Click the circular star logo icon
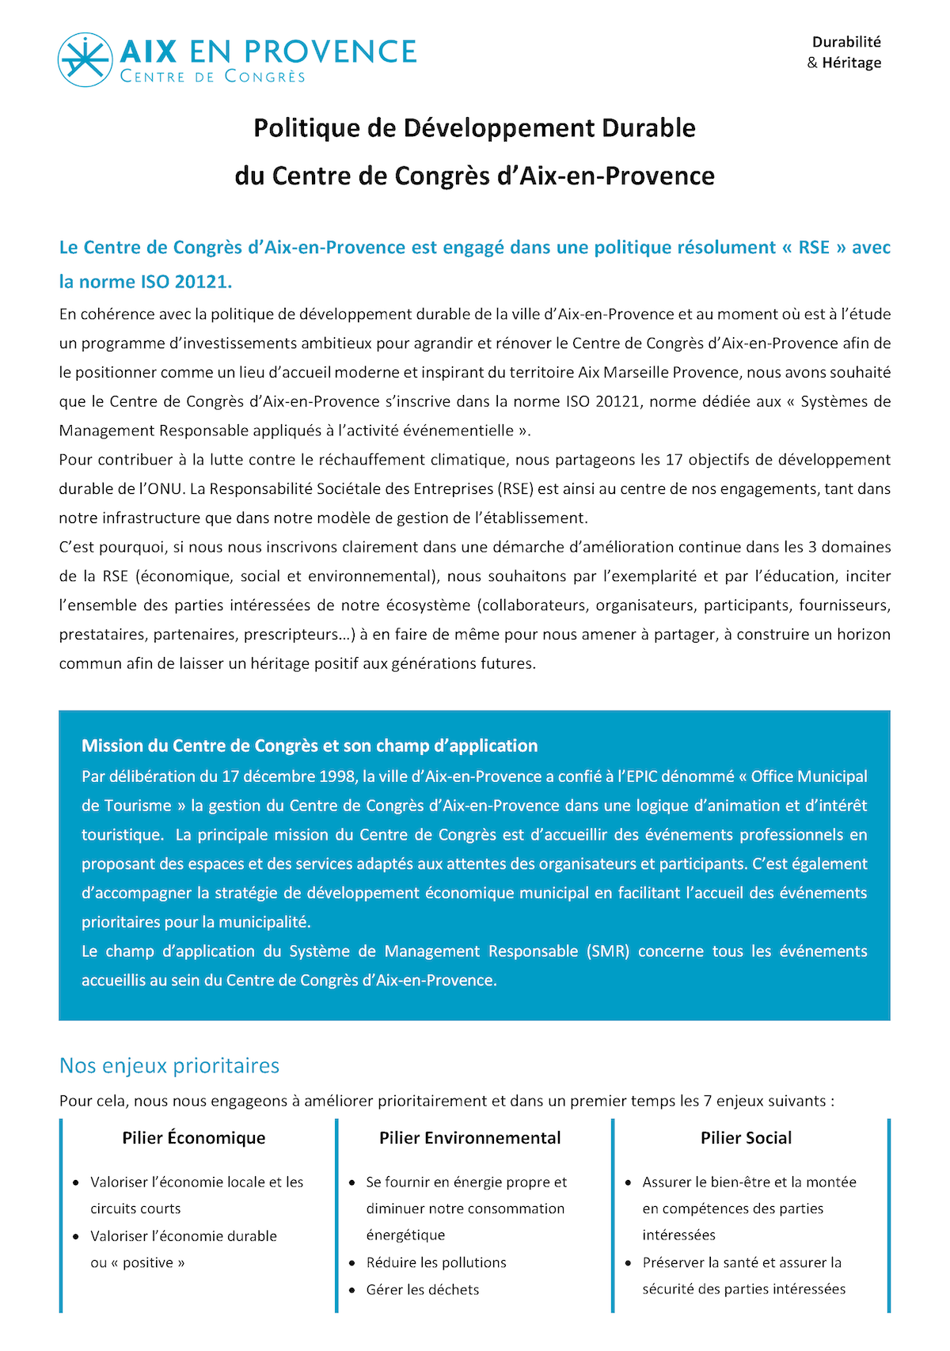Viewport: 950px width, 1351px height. coord(85,59)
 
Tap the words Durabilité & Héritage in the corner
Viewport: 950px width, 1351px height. coord(845,52)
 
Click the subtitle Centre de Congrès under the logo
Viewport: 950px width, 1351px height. coord(212,77)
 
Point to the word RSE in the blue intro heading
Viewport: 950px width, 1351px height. coord(814,248)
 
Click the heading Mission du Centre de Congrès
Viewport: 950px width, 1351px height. coord(310,746)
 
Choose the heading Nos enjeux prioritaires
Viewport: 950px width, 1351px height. coord(169,1066)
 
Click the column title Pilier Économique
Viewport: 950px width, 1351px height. coord(194,1138)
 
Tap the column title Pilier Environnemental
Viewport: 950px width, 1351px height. coord(469,1138)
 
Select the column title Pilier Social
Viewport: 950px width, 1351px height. coord(746,1138)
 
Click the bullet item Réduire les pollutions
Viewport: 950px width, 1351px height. coord(436,1262)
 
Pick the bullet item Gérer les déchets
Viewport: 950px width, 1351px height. coord(423,1289)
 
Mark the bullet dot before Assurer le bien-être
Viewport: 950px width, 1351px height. coord(629,1183)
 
